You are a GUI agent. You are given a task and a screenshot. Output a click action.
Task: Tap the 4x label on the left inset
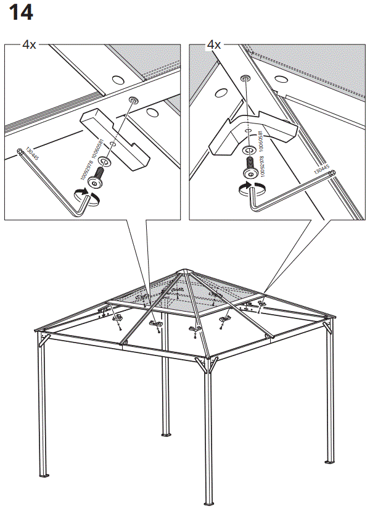[29, 45]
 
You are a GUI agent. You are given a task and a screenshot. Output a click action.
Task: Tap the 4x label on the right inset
[214, 45]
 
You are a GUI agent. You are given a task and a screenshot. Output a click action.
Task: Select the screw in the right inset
[251, 165]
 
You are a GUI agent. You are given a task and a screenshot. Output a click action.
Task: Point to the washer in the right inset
[249, 150]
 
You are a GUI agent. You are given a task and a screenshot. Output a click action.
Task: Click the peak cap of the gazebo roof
[183, 273]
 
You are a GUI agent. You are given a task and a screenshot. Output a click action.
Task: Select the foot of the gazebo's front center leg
[210, 502]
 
